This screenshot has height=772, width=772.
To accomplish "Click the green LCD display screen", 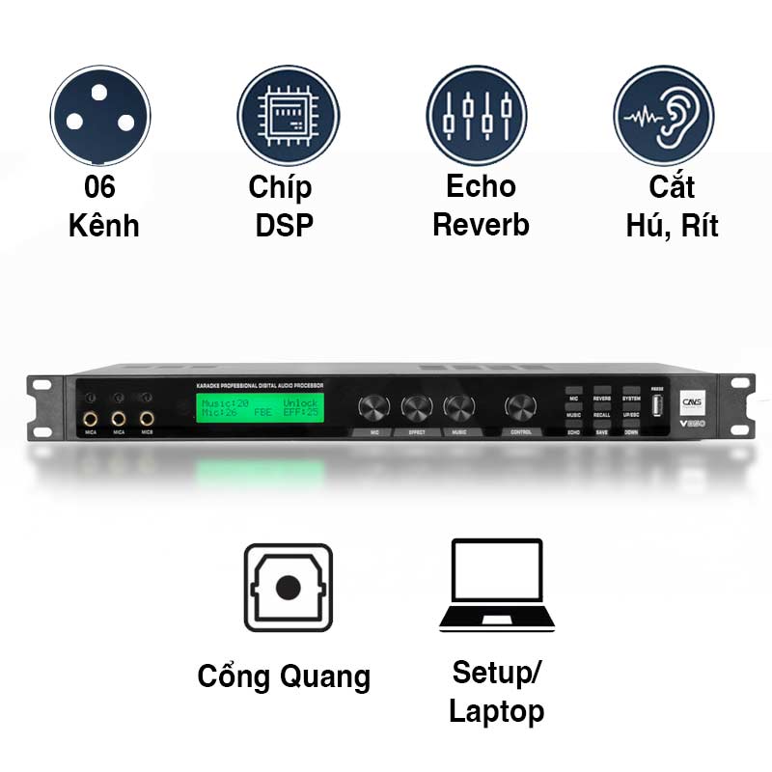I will (260, 407).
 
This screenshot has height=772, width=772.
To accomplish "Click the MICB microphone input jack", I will (147, 419).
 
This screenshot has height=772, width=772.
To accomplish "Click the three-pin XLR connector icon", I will (100, 114).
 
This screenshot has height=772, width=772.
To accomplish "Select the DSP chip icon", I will (289, 114).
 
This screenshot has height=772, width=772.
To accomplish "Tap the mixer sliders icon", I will (477, 114).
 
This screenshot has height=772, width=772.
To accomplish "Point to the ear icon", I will (665, 114).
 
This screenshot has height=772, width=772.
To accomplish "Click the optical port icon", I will (288, 587).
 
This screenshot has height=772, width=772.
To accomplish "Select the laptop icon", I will (496, 586).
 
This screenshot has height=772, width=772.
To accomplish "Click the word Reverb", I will (481, 226).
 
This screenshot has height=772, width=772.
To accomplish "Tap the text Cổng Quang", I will (284, 676).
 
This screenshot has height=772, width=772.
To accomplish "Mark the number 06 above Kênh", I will (100, 187).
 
